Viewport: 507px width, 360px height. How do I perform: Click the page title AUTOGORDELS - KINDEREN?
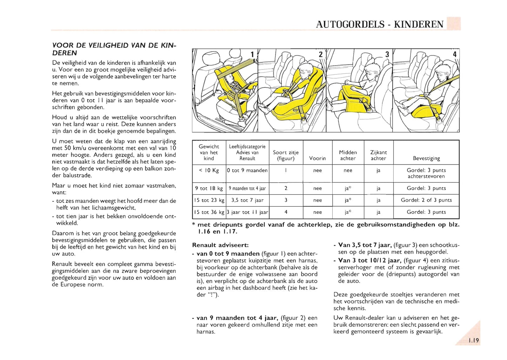380,24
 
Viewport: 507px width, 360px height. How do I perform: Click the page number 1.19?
473,340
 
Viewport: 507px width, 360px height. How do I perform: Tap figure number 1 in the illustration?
252,54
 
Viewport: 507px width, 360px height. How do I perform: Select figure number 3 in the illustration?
387,54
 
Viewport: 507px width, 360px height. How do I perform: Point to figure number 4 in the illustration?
455,54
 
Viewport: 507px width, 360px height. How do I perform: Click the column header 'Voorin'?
317,158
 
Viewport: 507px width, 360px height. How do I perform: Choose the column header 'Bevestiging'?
426,158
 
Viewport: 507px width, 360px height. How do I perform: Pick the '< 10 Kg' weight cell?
209,171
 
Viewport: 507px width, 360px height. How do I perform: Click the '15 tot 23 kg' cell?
209,200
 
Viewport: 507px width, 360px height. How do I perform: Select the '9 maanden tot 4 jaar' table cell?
247,188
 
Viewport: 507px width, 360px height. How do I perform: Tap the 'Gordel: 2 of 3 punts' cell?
426,200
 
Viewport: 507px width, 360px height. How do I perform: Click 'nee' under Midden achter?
348,171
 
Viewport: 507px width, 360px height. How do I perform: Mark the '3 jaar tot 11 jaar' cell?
247,212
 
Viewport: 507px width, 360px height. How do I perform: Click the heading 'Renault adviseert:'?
220,245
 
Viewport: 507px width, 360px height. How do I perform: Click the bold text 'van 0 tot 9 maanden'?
228,254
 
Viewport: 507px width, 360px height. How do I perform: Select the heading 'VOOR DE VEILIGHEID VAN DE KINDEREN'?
114,49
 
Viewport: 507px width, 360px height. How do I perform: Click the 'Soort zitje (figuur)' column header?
286,155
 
